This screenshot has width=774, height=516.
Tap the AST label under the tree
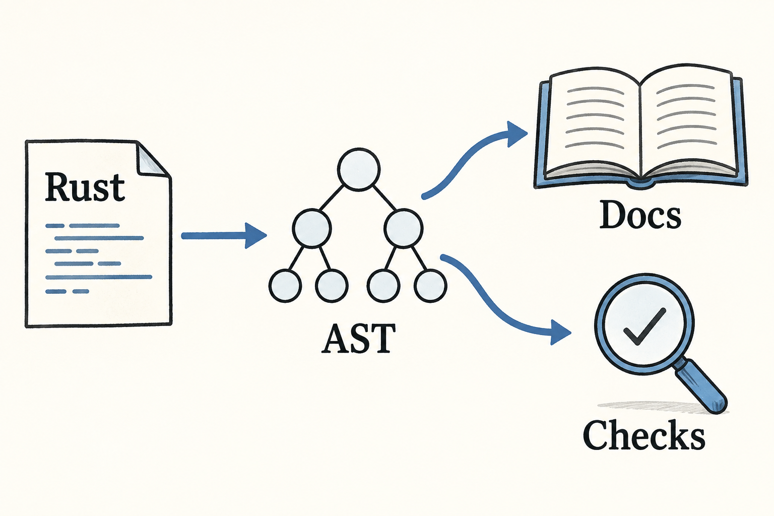coord(358,338)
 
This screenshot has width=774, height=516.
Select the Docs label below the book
coord(640,215)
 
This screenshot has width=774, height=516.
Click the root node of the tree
coord(359,169)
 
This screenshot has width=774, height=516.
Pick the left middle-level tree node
coord(312,228)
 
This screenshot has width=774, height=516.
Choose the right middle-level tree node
coord(403,228)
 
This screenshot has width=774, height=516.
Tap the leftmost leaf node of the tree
coord(285,286)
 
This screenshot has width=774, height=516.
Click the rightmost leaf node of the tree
coord(430,286)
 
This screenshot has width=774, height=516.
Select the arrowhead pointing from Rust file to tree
coord(255,236)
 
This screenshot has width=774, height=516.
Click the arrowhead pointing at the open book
coord(516,134)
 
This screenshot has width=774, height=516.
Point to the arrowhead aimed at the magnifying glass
coord(560,333)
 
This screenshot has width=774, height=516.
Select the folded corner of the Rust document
coord(152,160)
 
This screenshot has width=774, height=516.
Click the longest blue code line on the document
coord(99,277)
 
